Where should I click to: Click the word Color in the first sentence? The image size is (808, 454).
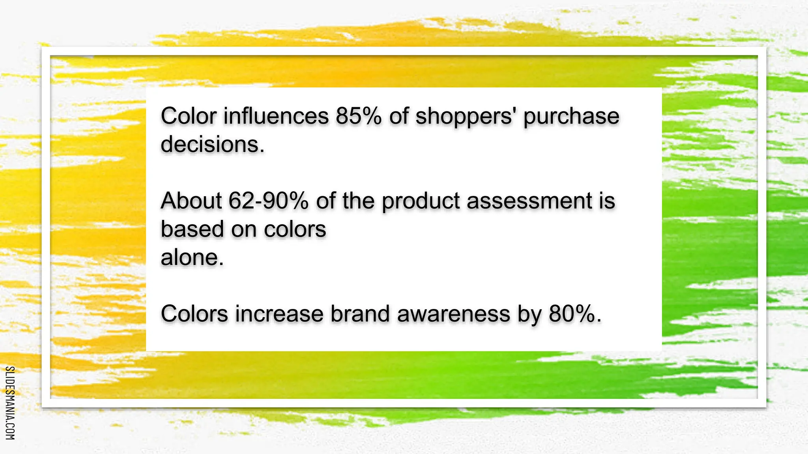[189, 116]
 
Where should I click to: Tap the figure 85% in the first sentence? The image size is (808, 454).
[359, 116]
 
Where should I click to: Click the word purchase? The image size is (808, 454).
[571, 117]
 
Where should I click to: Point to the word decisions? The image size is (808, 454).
[212, 144]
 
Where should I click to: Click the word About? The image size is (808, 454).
[191, 201]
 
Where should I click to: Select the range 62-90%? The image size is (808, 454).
[268, 201]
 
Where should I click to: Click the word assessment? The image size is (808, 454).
[530, 201]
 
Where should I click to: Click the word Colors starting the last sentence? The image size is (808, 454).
[194, 314]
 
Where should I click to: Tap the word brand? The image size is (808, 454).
[360, 314]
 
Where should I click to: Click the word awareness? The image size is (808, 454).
[453, 314]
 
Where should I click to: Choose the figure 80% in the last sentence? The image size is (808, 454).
[574, 314]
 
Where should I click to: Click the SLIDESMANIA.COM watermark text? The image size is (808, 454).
[10, 403]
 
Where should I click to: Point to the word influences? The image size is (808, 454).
[276, 116]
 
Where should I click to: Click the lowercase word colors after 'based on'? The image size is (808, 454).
[295, 229]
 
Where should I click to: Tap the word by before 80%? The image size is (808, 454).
[529, 314]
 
